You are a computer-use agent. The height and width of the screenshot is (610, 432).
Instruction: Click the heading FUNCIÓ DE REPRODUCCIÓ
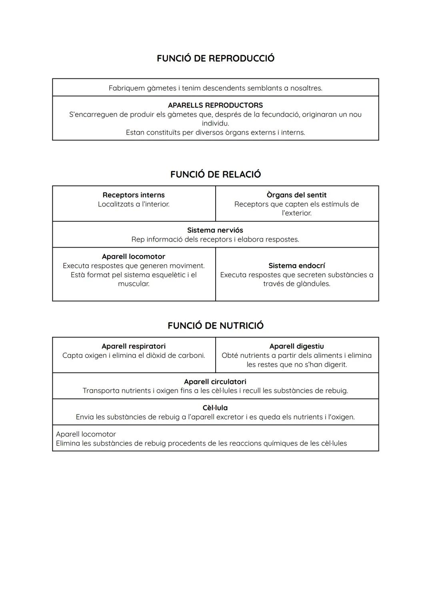coord(215,58)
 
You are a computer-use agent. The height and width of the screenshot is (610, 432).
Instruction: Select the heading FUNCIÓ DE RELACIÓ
coord(215,174)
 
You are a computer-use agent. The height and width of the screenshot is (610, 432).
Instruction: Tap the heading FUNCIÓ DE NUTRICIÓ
coord(215,326)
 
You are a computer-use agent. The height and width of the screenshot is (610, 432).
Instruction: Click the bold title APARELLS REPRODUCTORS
coord(215,105)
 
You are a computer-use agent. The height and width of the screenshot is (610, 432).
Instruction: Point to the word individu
coord(215,123)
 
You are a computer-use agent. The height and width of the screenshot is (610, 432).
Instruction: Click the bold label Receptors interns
coord(134,195)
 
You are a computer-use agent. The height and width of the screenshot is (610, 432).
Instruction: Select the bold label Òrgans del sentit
coord(296,195)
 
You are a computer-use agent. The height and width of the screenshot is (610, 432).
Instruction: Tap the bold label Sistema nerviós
coord(215,230)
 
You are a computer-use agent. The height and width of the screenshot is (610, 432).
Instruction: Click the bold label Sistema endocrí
coord(296,266)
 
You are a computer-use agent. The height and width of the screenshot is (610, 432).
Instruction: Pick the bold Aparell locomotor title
coord(134,256)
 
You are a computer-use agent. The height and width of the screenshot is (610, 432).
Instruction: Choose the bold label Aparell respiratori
coord(134,346)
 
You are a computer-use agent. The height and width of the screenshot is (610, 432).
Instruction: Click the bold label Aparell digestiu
coord(296,346)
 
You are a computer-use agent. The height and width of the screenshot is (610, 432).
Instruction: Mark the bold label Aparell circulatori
coord(215,382)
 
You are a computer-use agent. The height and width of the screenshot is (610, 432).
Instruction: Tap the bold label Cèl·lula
coord(215,408)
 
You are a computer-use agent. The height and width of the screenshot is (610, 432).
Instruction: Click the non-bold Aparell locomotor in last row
coord(86,434)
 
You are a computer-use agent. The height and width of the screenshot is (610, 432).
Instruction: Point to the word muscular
coord(134,284)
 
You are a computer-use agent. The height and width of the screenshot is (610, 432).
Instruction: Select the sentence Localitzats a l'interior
coord(134,204)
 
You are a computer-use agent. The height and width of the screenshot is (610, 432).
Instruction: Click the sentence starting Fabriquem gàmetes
coord(215,88)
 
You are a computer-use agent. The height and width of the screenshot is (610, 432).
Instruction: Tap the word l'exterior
coord(296,213)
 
